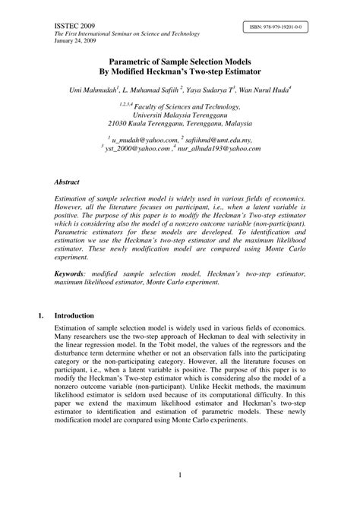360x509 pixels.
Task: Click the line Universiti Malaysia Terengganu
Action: point(179,119)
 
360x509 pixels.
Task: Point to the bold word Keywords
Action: point(69,272)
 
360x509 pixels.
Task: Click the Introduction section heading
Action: point(74,315)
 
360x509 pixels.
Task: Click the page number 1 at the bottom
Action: point(180,476)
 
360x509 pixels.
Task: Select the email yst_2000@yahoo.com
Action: point(137,150)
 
